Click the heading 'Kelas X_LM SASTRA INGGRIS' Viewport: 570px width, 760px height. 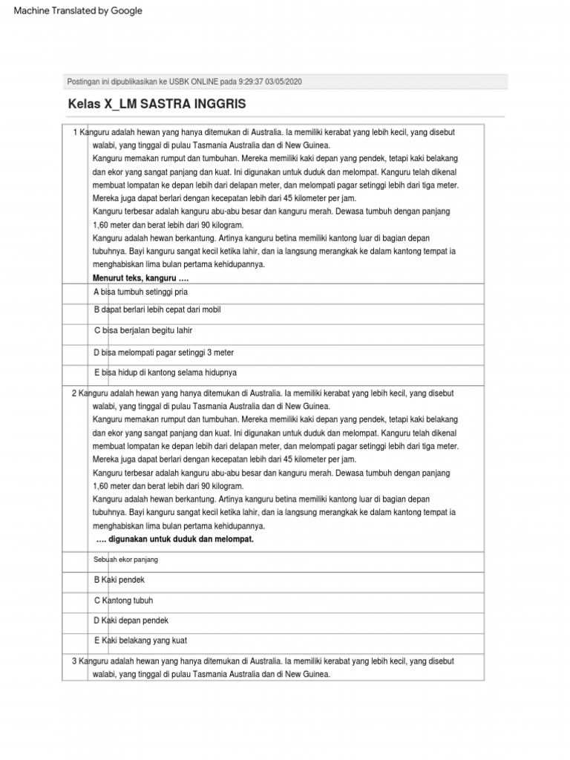pos(157,103)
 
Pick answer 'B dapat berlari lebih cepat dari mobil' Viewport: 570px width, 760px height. pos(157,309)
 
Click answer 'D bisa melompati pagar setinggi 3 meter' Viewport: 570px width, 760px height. pos(163,353)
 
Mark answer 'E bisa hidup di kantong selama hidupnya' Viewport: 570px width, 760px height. pos(165,373)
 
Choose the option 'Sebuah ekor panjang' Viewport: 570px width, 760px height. pos(125,559)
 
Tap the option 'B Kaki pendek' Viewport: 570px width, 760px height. pos(119,579)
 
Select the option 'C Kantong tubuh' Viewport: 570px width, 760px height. pos(123,600)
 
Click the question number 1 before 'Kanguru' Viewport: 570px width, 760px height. pos(75,132)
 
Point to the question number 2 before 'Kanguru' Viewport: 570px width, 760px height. pos(74,393)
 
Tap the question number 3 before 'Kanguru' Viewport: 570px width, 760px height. pos(74,661)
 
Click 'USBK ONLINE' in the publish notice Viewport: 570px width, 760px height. pos(187,82)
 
